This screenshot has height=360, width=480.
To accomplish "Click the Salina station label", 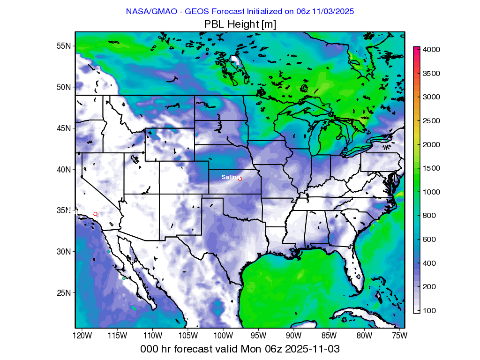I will tap(229, 177).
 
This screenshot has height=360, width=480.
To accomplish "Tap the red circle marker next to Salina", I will tap(240, 179).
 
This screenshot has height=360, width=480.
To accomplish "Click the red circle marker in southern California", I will tap(95, 214).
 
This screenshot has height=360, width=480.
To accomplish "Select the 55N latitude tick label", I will tap(64, 46).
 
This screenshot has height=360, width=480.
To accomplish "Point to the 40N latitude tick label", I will tap(64, 169).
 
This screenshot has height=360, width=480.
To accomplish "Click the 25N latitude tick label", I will tap(64, 292).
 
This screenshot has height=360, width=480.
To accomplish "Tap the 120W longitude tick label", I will tap(82, 336).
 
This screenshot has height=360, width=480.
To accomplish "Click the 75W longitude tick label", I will tap(399, 336).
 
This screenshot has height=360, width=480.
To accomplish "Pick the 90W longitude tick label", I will tap(293, 336).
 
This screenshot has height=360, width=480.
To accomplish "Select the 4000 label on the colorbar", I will tap(431, 49).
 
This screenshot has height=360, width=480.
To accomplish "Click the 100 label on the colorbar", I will tap(429, 311).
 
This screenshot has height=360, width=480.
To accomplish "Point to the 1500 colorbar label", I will tap(431, 168).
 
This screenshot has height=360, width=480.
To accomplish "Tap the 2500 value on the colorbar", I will tap(431, 120).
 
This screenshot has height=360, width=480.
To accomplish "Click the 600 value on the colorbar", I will tap(429, 240).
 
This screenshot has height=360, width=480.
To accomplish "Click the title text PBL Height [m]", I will tap(240, 24).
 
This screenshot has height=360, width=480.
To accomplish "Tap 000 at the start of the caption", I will tap(150, 349).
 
